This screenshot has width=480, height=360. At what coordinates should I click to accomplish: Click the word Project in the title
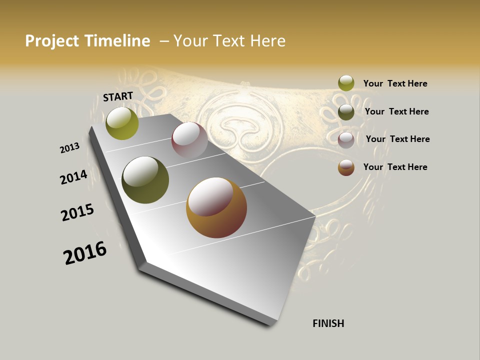tap(52, 41)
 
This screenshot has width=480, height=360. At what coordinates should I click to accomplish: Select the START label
tap(118, 96)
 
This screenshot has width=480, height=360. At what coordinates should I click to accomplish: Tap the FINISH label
tap(328, 323)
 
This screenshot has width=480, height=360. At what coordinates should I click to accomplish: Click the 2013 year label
tap(69, 147)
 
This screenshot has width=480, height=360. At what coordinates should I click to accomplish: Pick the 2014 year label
tap(73, 177)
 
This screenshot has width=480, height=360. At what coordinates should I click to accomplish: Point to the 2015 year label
tap(77, 212)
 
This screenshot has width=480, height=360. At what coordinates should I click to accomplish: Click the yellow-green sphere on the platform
tap(122, 123)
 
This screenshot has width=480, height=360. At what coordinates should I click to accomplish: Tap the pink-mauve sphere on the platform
tap(189, 140)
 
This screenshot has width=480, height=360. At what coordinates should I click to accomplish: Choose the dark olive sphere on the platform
tap(145, 180)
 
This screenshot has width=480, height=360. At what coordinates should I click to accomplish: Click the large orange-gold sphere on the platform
tap(216, 207)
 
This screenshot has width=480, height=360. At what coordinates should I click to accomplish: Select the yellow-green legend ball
tap(346, 83)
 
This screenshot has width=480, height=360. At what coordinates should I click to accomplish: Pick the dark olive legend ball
tap(346, 111)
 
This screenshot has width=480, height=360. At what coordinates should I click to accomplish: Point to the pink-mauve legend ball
tap(346, 140)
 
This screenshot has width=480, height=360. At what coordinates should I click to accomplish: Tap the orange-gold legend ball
tap(346, 167)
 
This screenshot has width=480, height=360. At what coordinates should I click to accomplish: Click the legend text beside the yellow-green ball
tap(395, 83)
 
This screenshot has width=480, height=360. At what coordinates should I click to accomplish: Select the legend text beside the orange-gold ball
tap(395, 167)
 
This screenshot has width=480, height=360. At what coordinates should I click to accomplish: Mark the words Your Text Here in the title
tap(229, 41)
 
